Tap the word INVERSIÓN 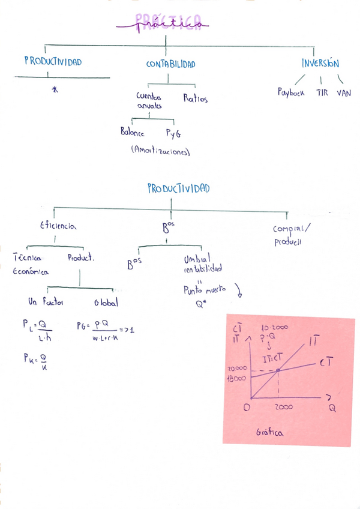click(x=320, y=63)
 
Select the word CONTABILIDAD click(x=170, y=64)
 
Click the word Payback click(x=291, y=93)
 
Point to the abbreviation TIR click(x=322, y=93)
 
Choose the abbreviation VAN click(x=344, y=93)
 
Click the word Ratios click(x=196, y=98)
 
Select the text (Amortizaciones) click(x=160, y=152)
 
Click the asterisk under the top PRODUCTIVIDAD click(x=56, y=89)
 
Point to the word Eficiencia click(x=58, y=226)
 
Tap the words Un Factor click(x=47, y=302)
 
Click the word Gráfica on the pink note click(x=269, y=432)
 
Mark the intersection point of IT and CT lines click(x=279, y=370)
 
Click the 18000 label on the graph click(x=236, y=379)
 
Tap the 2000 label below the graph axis click(x=283, y=408)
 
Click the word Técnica click(x=26, y=258)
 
